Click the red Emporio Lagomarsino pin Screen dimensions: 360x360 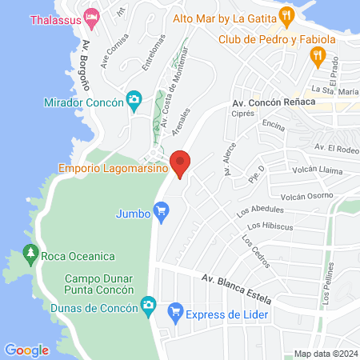[x=181, y=163]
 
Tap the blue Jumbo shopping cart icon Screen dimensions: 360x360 [x=162, y=213]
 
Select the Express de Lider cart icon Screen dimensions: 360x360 [x=174, y=312]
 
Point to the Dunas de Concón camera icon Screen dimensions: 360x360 [x=147, y=304]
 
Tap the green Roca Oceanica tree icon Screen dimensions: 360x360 [x=31, y=255]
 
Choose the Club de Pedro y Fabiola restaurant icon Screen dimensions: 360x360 [x=318, y=56]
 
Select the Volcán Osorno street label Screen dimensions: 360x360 [x=306, y=196]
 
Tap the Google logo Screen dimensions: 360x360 [x=26, y=350]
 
